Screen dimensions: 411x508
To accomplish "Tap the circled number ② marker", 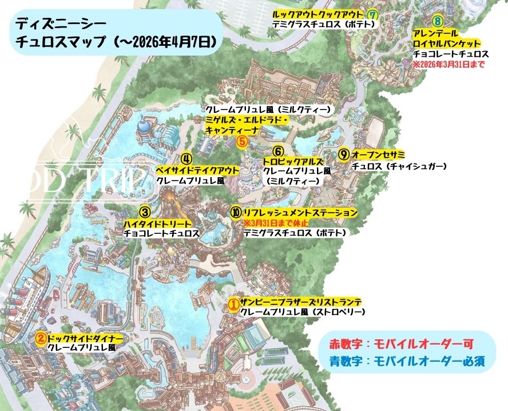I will tap(41, 338).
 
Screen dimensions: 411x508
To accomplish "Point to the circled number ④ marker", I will tap(186, 158).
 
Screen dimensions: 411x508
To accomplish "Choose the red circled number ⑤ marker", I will tap(242, 140).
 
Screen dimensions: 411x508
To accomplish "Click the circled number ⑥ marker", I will tap(278, 151).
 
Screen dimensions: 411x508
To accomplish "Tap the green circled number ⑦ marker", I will tap(374, 14).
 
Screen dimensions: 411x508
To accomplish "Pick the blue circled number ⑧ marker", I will tap(438, 21).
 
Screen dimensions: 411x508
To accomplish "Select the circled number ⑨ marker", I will tap(343, 154).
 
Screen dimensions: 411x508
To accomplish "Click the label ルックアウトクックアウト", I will tap(318, 14).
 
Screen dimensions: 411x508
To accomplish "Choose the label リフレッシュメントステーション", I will tap(300, 213).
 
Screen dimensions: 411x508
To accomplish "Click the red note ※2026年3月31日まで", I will tap(448, 65).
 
